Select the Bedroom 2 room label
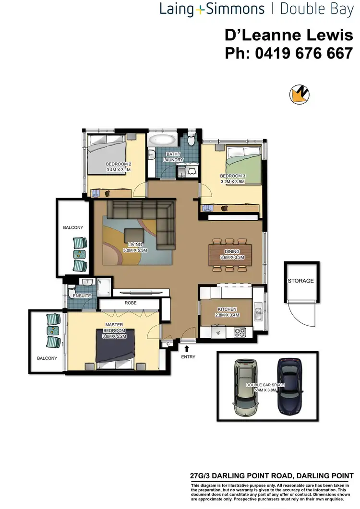[119, 164]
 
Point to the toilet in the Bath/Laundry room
[192, 140]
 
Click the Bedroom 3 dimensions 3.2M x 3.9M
[233, 182]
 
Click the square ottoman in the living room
[134, 237]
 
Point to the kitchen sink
[258, 314]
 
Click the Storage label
[300, 281]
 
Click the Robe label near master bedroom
[131, 303]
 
